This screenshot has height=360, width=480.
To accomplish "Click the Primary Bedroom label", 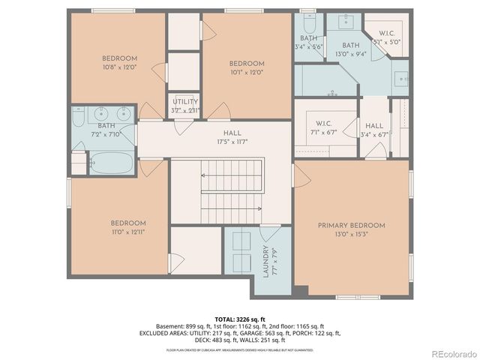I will point(351,229).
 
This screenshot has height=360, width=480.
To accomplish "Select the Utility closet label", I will point(186,106).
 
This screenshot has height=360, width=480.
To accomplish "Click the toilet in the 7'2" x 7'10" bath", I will point(79,163).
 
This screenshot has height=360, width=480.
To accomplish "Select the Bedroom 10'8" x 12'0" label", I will point(120,63).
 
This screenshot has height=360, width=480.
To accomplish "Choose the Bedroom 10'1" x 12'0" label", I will point(247,67).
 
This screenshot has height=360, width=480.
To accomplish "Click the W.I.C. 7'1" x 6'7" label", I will point(324,127).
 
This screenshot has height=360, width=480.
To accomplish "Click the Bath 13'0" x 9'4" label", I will point(351,49).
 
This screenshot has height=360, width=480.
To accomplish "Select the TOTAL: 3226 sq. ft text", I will point(240,319).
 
